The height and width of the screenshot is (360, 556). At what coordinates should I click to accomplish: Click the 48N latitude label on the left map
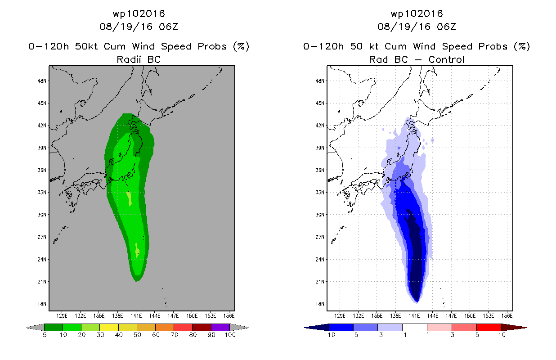tap(42, 81)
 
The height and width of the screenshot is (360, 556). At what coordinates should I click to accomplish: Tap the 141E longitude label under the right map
tap(414, 316)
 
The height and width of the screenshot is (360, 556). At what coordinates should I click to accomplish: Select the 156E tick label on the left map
tap(229, 316)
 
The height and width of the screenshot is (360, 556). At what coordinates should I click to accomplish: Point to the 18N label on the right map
tap(320, 304)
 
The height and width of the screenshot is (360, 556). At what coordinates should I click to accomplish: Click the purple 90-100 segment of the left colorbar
tap(220, 327)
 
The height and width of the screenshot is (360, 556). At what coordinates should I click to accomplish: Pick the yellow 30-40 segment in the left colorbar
tap(109, 327)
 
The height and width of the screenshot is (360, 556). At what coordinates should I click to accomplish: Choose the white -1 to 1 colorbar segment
tap(414, 327)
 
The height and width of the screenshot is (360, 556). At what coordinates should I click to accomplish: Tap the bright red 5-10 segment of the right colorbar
tap(489, 327)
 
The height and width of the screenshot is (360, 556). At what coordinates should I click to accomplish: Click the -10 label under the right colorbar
tap(329, 335)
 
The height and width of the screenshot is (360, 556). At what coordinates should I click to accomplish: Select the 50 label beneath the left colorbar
tap(137, 335)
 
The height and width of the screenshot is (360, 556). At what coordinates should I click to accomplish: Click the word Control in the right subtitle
tap(446, 60)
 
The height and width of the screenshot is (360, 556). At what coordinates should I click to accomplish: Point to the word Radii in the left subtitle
tap(129, 60)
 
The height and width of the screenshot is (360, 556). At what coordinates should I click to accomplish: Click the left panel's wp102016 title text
tap(139, 14)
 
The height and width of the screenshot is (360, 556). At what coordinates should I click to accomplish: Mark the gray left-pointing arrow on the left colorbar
tap(35, 328)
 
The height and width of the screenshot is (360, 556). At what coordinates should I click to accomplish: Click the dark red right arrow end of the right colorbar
tap(514, 328)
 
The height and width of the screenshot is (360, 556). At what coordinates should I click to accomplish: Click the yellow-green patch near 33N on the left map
tap(129, 198)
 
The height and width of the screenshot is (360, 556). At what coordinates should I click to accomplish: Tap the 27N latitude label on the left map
tap(42, 237)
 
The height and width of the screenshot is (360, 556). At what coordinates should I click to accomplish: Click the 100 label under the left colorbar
tap(230, 335)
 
